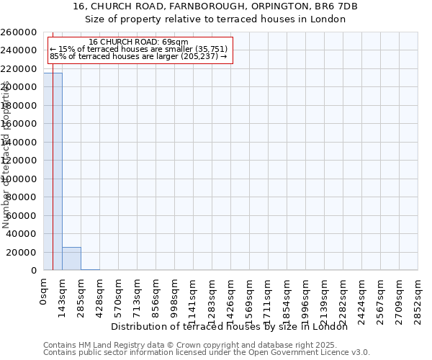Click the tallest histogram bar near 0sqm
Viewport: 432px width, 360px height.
click(53, 173)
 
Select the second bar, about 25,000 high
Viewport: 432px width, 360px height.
click(71, 259)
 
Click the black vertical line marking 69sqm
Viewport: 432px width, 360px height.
click(53, 216)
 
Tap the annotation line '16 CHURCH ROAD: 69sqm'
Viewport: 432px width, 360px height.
click(138, 42)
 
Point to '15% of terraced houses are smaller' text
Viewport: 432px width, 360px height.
click(138, 49)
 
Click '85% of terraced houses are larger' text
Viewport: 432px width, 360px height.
click(138, 56)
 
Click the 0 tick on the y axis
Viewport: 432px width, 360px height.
click(35, 271)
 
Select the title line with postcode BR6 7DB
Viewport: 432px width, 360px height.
click(215, 6)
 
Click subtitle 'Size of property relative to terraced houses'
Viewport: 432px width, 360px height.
click(215, 19)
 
